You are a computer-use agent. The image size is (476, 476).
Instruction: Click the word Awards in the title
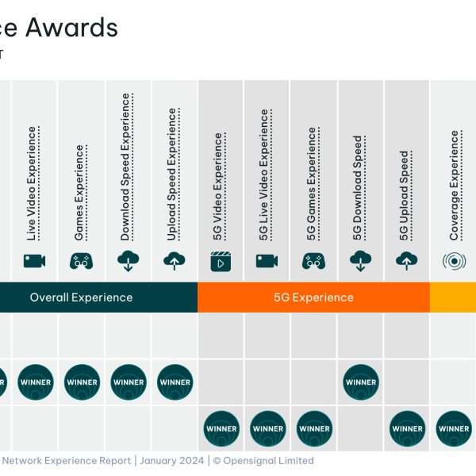point(71,29)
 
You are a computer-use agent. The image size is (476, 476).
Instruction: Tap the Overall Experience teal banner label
point(81,297)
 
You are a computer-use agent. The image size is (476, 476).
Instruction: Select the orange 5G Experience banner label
point(313,297)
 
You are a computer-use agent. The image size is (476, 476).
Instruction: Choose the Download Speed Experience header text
point(125,167)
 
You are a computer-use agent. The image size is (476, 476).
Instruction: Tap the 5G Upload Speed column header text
point(405,195)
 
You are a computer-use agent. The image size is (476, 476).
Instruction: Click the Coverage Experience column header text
point(454,186)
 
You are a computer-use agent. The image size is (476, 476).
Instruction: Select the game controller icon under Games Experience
point(81,261)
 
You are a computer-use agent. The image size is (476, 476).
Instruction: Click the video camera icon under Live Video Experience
point(34,261)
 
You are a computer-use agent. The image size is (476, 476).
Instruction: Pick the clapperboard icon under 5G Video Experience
point(221,261)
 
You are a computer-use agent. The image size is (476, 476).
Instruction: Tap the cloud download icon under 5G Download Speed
point(360,261)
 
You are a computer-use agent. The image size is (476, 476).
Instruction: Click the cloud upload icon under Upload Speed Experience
point(174,261)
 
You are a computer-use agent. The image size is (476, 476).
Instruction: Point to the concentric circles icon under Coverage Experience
point(454,261)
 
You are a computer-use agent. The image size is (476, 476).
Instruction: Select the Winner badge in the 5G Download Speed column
point(361,382)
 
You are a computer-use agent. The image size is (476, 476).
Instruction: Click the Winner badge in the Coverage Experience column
point(454,428)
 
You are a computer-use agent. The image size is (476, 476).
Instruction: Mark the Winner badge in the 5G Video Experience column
point(221,428)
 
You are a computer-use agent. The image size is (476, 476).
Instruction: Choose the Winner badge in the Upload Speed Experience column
point(175,382)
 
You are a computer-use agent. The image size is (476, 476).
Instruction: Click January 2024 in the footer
point(170,460)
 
